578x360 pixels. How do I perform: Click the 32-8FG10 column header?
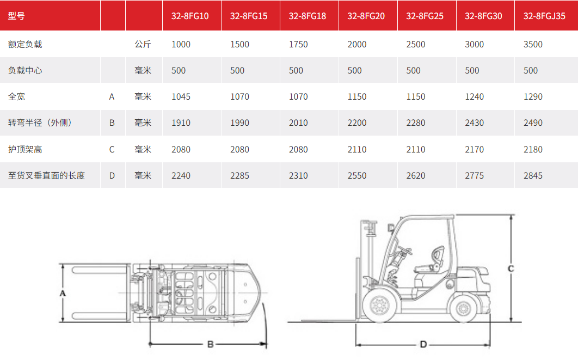click(x=190, y=16)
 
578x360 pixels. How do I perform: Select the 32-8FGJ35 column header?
click(x=544, y=16)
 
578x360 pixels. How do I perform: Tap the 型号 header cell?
click(x=16, y=16)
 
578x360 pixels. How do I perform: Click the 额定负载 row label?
click(x=25, y=44)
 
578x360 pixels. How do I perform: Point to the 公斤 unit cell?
click(x=143, y=44)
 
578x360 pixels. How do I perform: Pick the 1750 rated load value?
click(x=298, y=44)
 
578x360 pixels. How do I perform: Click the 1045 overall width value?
click(x=181, y=96)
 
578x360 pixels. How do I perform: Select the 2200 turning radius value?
click(x=357, y=123)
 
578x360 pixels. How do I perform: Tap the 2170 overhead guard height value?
click(x=475, y=149)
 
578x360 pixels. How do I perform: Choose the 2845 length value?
click(x=533, y=175)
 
